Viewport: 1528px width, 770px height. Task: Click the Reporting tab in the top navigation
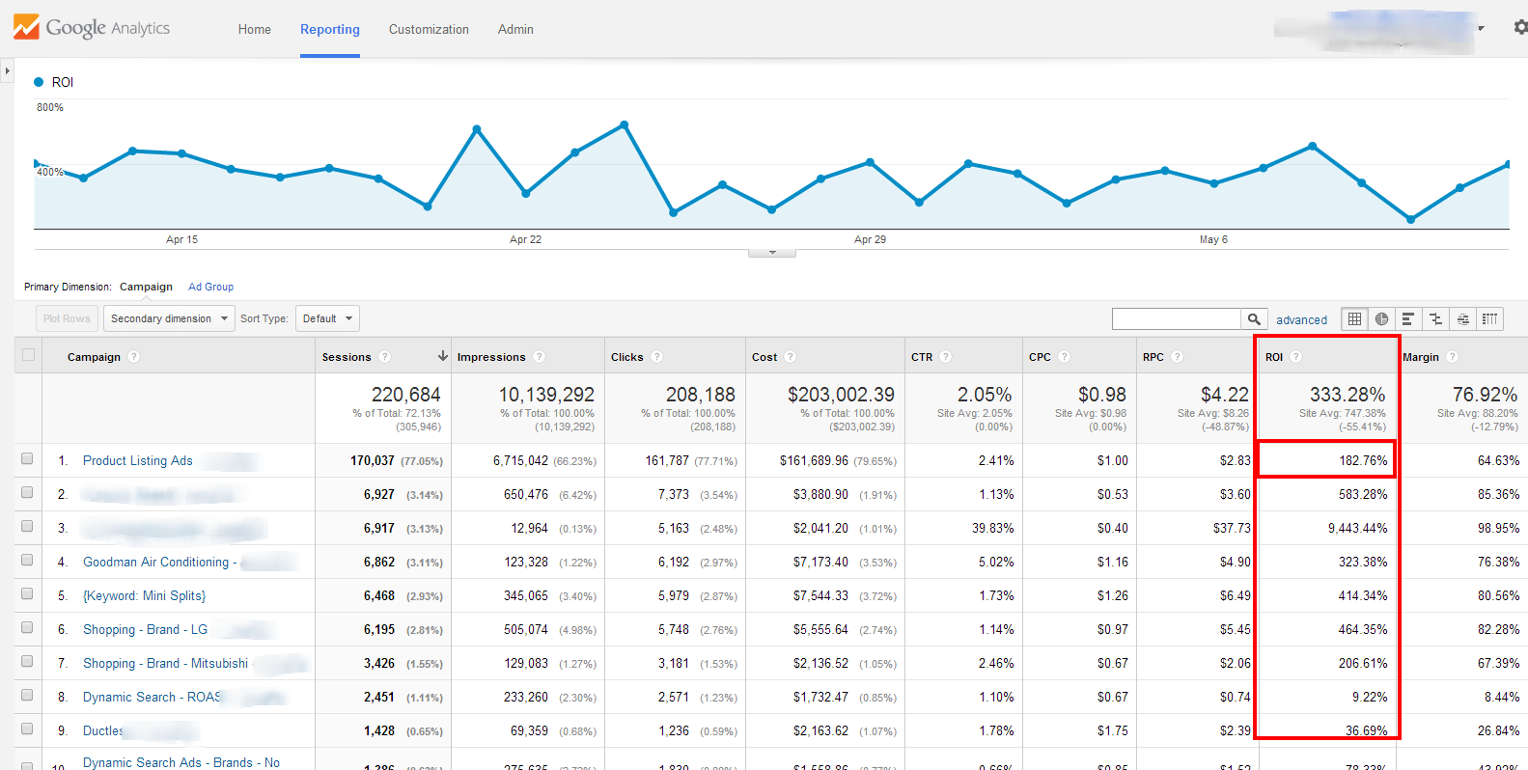[x=329, y=30]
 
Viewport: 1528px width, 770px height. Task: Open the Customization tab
[x=429, y=30]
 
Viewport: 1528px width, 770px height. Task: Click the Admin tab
[x=515, y=30]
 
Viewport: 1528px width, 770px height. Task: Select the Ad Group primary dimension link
[x=210, y=287]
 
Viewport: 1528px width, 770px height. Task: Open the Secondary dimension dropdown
[x=169, y=318]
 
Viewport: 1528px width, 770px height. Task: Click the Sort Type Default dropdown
[x=326, y=318]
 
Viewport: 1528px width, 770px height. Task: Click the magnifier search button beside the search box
[x=1253, y=319]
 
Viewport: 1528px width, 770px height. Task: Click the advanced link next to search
[x=1301, y=320]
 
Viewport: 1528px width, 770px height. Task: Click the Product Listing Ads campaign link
[x=138, y=461]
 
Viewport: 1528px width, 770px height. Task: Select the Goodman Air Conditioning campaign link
[x=155, y=563]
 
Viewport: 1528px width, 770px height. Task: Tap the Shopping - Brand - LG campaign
[x=145, y=630]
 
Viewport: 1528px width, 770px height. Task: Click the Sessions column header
[x=347, y=357]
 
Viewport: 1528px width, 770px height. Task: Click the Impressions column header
[x=491, y=357]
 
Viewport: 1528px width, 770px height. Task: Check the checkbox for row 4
[x=27, y=561]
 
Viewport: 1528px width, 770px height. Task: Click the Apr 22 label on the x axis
[x=525, y=239]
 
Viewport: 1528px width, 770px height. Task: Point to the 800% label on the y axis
[x=50, y=108]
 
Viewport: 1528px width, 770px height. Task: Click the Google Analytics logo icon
[x=26, y=27]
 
